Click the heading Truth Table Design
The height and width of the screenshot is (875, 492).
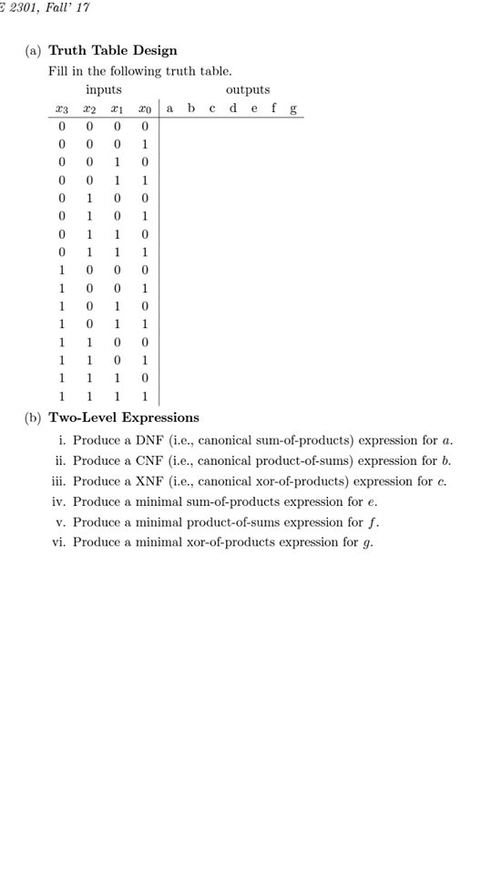tap(112, 50)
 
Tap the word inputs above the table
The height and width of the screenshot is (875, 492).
tap(103, 89)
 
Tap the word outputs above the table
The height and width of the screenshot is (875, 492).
tap(247, 89)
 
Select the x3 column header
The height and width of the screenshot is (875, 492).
tap(61, 109)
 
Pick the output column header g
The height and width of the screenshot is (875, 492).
tap(292, 109)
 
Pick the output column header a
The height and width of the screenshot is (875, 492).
tap(169, 108)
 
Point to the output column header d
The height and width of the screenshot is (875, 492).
tap(232, 108)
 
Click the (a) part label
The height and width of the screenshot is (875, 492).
tap(33, 50)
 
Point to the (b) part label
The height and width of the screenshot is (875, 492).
tap(33, 417)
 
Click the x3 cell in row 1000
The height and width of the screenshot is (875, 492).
tap(62, 271)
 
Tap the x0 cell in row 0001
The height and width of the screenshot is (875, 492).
tap(144, 145)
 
